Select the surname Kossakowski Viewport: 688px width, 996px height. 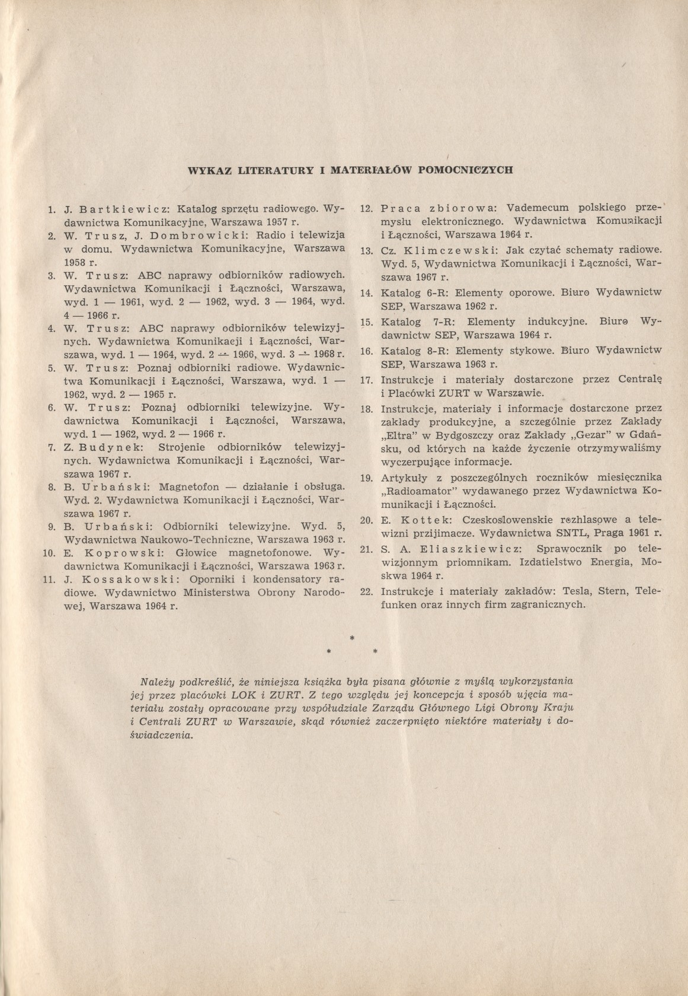[130, 579]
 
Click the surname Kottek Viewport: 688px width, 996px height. [420, 520]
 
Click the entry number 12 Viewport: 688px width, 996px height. [366, 209]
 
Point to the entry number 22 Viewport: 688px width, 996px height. [366, 591]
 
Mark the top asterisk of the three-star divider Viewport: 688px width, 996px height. [352, 638]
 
